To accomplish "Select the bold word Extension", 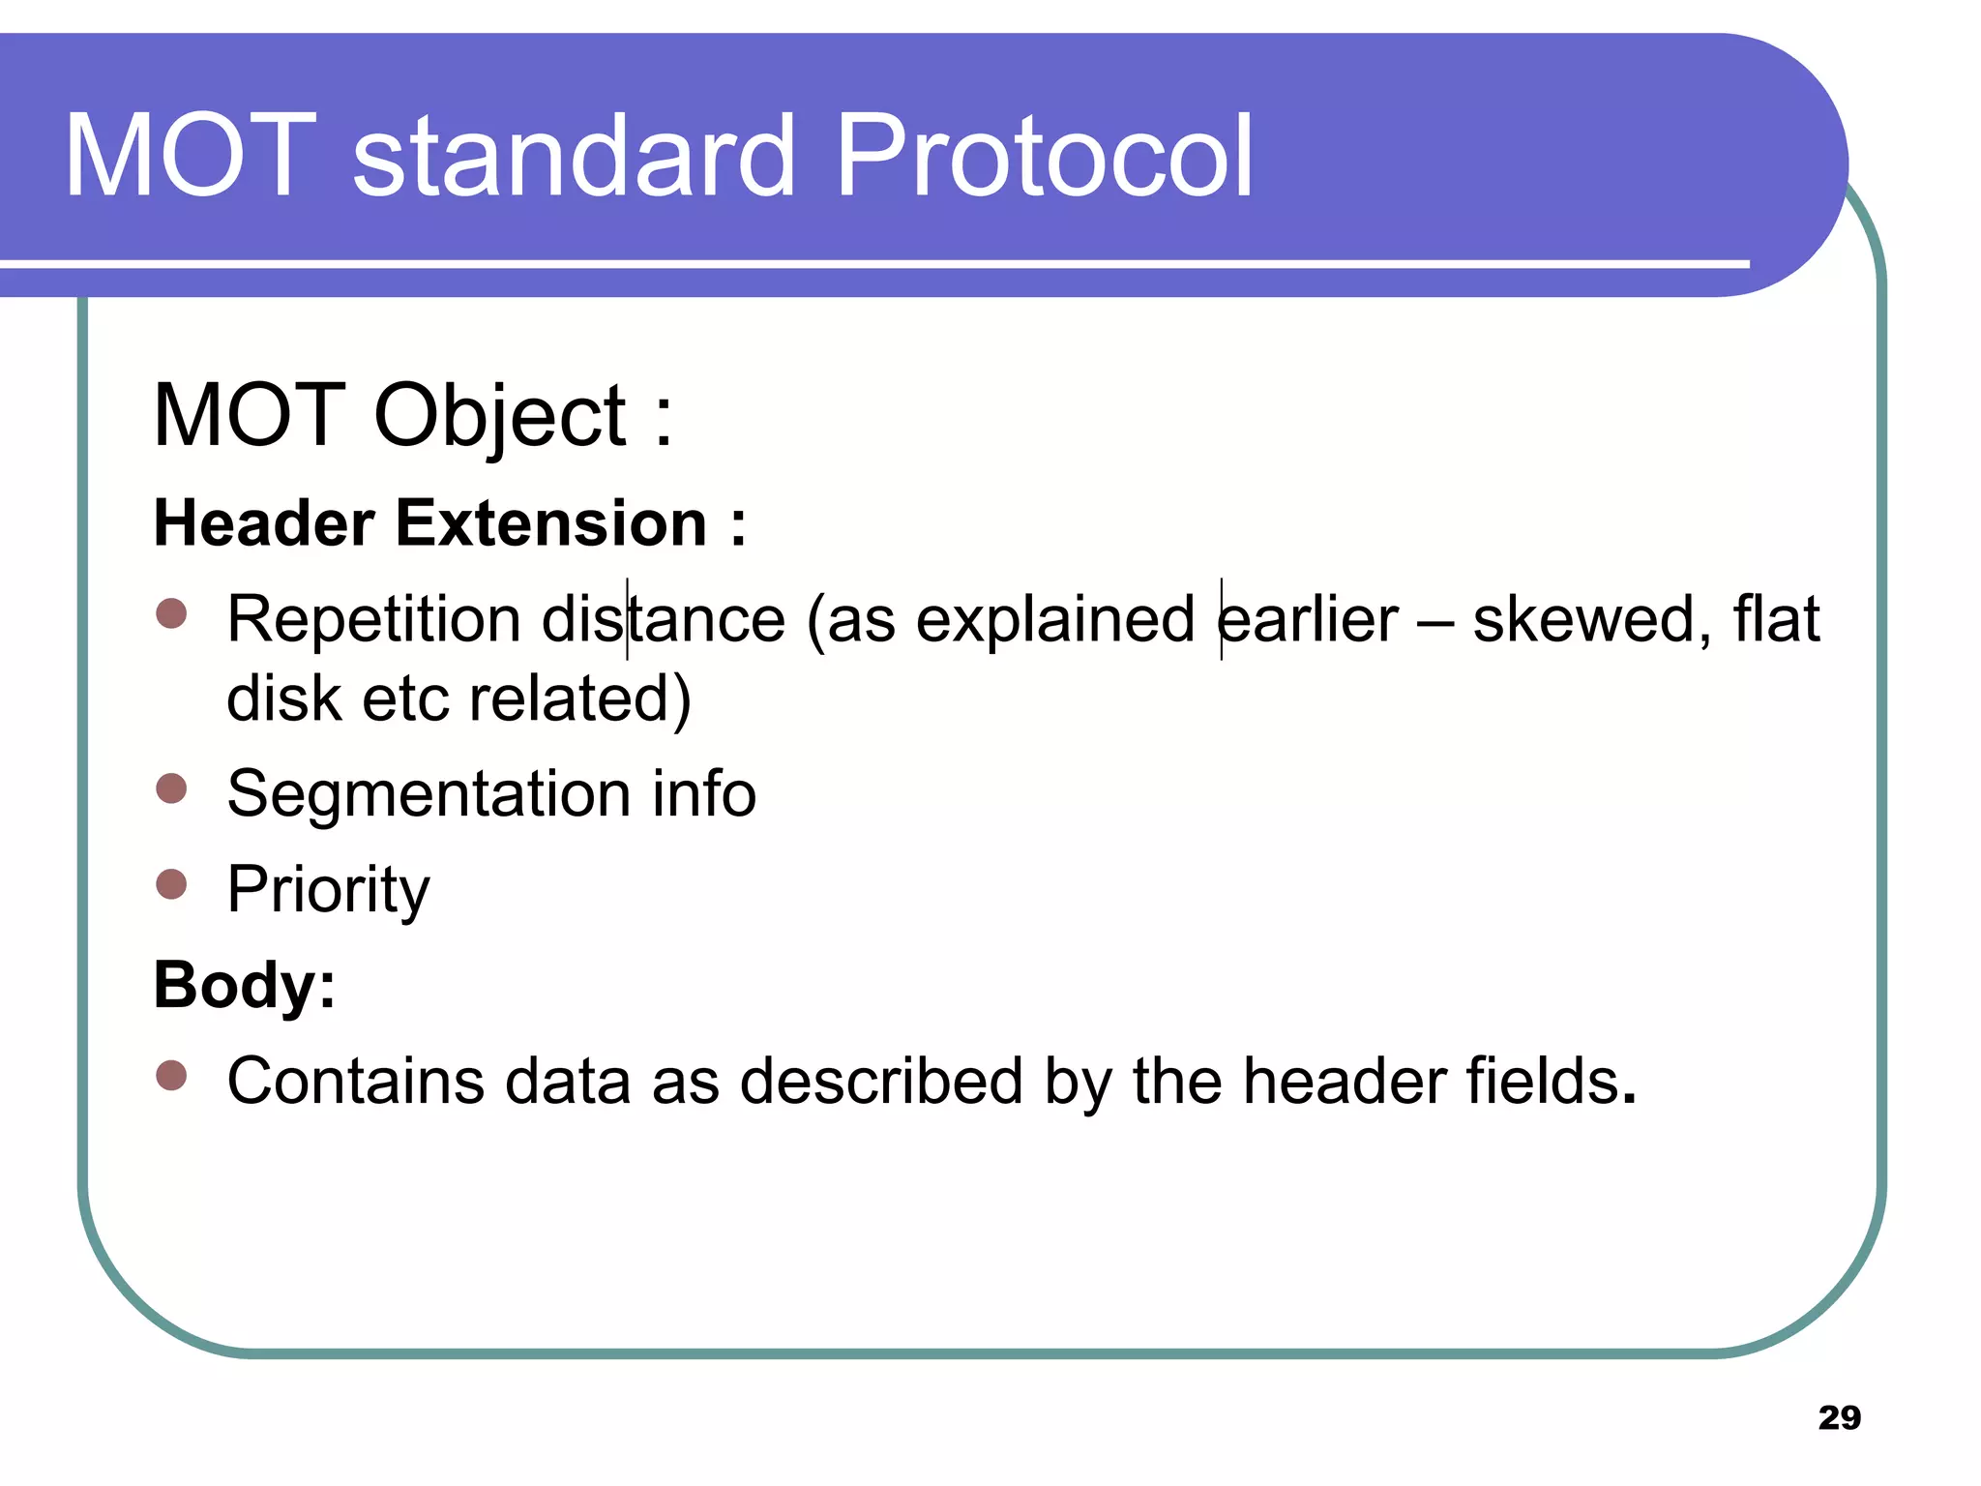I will [x=551, y=523].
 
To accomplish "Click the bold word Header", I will [x=263, y=523].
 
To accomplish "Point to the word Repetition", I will [x=373, y=619].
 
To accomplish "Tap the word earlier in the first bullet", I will [x=1308, y=619].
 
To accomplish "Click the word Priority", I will [x=328, y=889].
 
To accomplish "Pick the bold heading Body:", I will [x=245, y=985].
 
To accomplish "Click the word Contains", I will [x=354, y=1081].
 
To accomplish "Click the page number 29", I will [x=1839, y=1417].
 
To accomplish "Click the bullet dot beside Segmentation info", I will [x=171, y=788].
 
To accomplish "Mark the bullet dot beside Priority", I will [x=171, y=883].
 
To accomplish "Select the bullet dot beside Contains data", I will [x=171, y=1075].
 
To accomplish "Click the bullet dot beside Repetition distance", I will [x=171, y=613].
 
